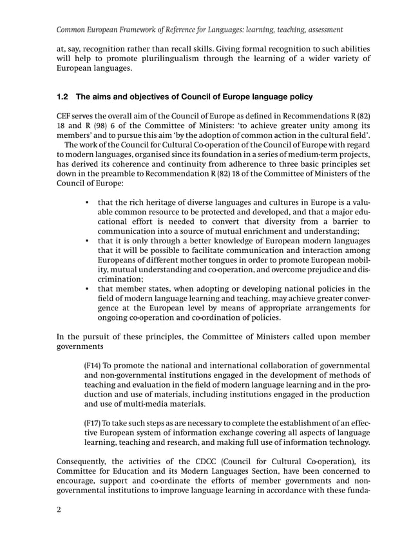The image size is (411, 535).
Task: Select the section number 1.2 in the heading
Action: click(63, 97)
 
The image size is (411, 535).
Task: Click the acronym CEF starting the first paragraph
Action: click(65, 116)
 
